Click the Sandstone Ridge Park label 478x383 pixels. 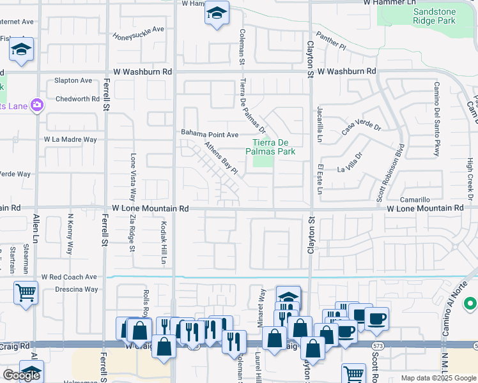pyautogui.click(x=435, y=16)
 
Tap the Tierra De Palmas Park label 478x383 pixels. pyautogui.click(x=274, y=147)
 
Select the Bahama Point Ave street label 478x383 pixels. pyautogui.click(x=210, y=134)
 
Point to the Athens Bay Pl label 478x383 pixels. pyautogui.click(x=221, y=158)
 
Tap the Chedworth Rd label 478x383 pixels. pyautogui.click(x=77, y=99)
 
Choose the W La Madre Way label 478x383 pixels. pyautogui.click(x=70, y=139)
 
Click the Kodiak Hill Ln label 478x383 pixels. pyautogui.click(x=164, y=243)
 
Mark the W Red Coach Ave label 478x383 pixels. pyautogui.click(x=69, y=277)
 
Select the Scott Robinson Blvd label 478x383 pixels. pyautogui.click(x=391, y=172)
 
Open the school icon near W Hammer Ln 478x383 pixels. pyautogui.click(x=217, y=12)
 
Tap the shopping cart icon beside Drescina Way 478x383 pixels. pyautogui.click(x=26, y=293)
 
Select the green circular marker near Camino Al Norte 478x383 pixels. pyautogui.click(x=470, y=304)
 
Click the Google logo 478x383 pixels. pyautogui.click(x=21, y=375)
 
